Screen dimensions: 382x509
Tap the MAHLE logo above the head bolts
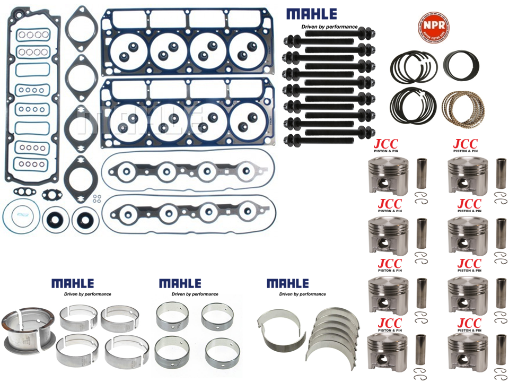coord(311,14)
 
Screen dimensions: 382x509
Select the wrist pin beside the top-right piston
coord(501,173)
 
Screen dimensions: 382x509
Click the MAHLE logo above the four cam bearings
coord(180,284)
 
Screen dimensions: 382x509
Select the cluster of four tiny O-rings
coord(96,198)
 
